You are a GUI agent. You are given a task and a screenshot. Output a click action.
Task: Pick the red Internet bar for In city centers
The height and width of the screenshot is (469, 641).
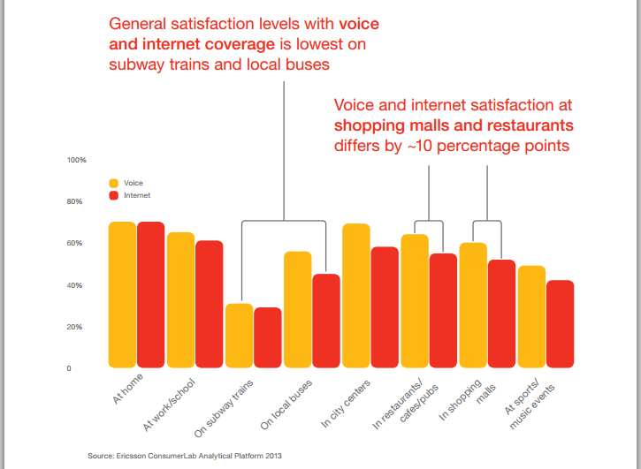385,306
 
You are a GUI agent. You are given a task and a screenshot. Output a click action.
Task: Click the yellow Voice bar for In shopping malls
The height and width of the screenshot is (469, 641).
474,305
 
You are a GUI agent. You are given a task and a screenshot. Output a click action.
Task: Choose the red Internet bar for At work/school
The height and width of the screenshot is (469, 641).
210,304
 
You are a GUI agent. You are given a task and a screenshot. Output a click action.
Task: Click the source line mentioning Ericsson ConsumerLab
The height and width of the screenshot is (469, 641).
185,456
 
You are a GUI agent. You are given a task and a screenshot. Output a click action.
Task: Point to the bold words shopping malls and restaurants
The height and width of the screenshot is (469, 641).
454,123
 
